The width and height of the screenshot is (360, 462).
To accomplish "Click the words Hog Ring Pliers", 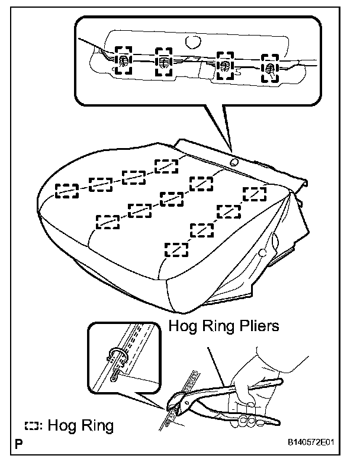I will pyautogui.click(x=224, y=326).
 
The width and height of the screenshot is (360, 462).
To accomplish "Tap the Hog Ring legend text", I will pyautogui.click(x=79, y=425).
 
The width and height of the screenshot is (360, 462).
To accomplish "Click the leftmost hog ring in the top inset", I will pyautogui.click(x=124, y=61).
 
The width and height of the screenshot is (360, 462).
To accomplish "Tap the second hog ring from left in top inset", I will pyautogui.click(x=163, y=62).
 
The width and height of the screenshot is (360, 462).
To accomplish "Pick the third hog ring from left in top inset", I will pyautogui.click(x=225, y=65).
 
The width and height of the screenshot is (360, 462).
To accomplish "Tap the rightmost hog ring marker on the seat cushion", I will pyautogui.click(x=255, y=193).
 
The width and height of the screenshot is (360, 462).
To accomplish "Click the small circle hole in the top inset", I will pyautogui.click(x=191, y=43).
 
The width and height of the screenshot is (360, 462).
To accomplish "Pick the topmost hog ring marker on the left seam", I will pyautogui.click(x=166, y=166).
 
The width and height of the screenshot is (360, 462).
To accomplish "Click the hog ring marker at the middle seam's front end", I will pyautogui.click(x=107, y=221).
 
